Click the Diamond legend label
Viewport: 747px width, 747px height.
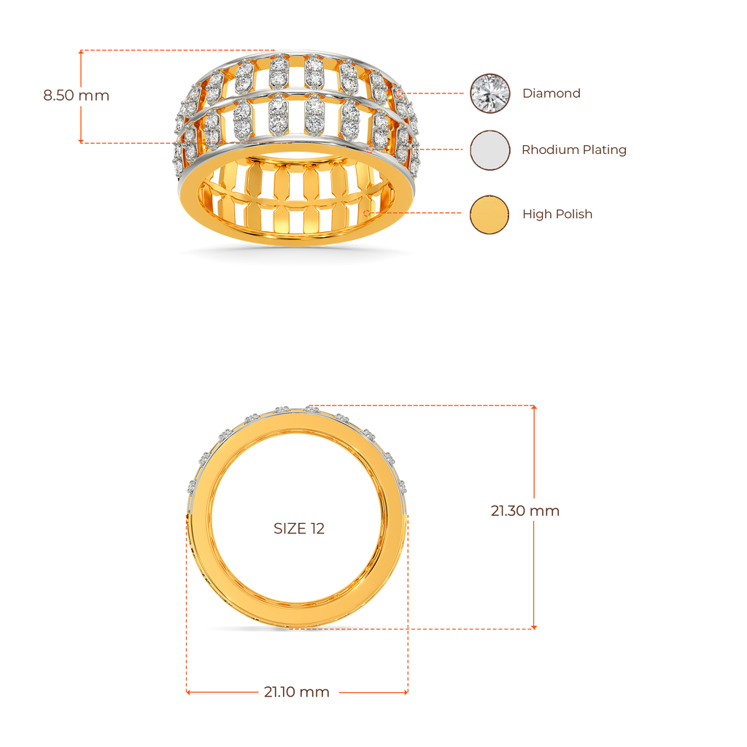551,93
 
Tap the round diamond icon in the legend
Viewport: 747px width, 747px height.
489,93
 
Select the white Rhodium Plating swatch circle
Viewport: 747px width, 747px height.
489,150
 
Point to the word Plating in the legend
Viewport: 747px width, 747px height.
605,150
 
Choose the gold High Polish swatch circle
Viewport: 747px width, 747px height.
489,214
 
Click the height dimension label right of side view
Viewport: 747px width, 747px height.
525,511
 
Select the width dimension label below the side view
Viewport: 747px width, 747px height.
296,692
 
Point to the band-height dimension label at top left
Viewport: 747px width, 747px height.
76,95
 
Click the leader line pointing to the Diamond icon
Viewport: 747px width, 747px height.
434,94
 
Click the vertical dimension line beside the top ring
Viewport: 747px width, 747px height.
80,117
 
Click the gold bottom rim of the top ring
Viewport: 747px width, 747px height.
292,238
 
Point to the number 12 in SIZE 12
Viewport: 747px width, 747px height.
317,529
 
